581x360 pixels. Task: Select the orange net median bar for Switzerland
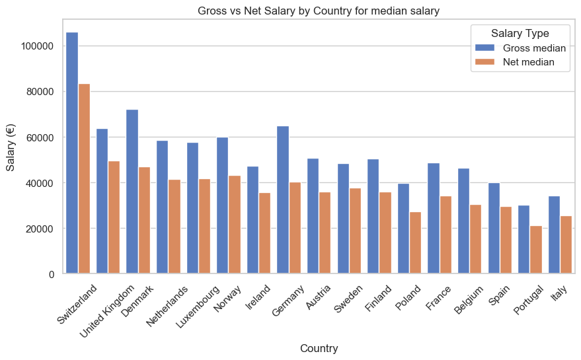coord(84,178)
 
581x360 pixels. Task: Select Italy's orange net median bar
coord(566,244)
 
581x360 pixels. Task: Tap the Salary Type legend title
coord(520,33)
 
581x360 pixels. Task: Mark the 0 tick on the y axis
coord(52,274)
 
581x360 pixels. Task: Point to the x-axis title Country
coord(319,348)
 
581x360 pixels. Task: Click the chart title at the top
coord(319,11)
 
